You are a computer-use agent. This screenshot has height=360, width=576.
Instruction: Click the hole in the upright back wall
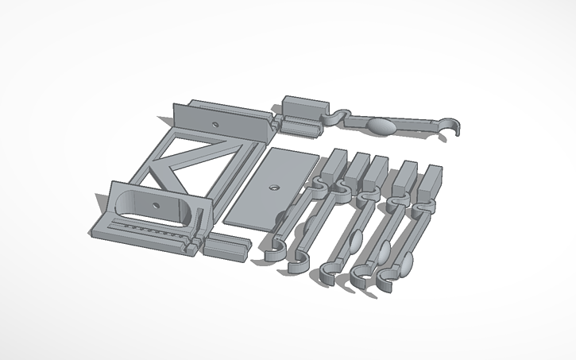pyautogui.click(x=215, y=125)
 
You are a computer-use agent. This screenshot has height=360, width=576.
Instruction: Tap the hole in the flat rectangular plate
pyautogui.click(x=273, y=188)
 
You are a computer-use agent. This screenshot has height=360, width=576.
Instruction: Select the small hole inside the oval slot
pyautogui.click(x=156, y=204)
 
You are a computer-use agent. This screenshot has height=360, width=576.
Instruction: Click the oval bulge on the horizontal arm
pyautogui.click(x=382, y=126)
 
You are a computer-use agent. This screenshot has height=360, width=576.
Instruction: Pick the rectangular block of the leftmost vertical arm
pyautogui.click(x=334, y=163)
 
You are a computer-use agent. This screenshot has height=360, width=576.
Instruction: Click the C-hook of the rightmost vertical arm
pyautogui.click(x=389, y=281)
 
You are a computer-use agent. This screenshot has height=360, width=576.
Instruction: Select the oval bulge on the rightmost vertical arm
pyautogui.click(x=407, y=263)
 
